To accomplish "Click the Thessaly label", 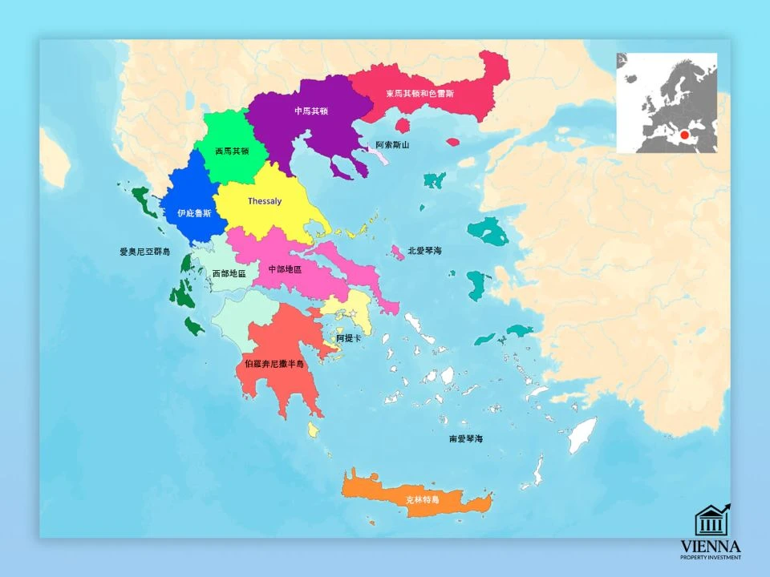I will point(265,201).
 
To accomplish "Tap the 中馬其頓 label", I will point(311,111).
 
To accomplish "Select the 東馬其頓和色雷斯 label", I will point(419,94).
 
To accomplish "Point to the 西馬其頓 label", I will point(233,151).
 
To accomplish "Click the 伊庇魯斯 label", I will point(195,213).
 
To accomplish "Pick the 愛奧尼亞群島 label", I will point(145,252).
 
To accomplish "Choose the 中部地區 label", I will point(285,269).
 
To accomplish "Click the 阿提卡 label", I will point(349,339).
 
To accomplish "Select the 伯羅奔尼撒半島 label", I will point(274,364).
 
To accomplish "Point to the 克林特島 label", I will point(423,499).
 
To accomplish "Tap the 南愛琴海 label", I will point(466,439).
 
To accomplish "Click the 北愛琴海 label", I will point(424,251).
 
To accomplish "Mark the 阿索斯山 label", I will point(392,145).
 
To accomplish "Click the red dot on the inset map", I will point(684,135).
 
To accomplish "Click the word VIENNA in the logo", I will point(711,545).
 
